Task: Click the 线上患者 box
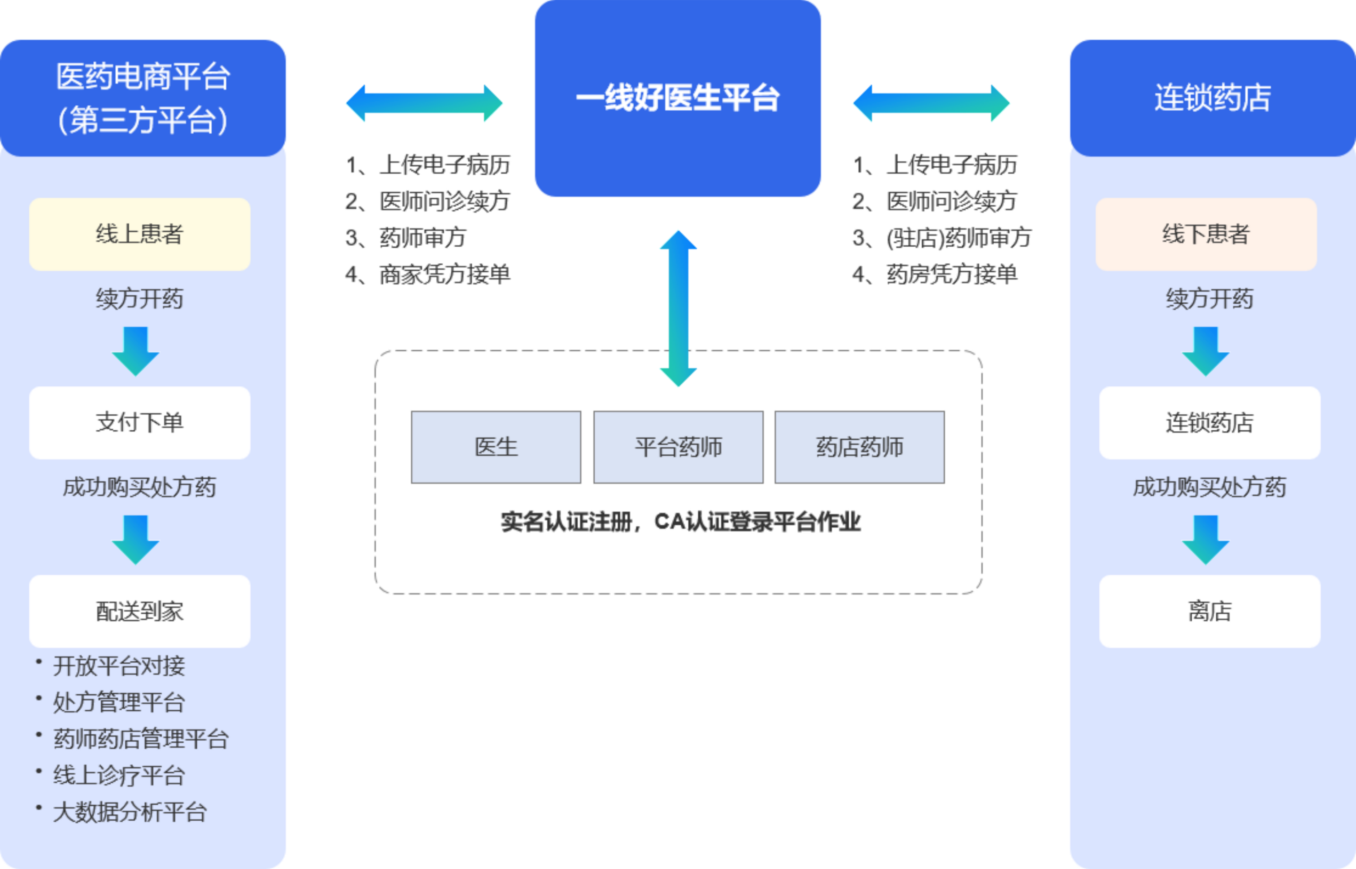(140, 234)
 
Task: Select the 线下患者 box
(1206, 234)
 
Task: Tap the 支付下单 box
(140, 423)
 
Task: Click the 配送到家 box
(140, 611)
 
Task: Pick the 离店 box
(1209, 611)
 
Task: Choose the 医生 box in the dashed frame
(496, 447)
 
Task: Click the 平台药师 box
(678, 447)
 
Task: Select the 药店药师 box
(859, 447)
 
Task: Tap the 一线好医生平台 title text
(677, 98)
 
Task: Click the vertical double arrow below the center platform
(677, 309)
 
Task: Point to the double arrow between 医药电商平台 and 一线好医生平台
(424, 103)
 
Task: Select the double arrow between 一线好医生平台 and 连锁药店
(931, 103)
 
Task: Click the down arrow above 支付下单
(136, 350)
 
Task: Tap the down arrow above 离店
(1206, 539)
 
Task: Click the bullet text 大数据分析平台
(130, 812)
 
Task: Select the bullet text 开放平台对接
(119, 666)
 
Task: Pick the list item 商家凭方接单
(444, 275)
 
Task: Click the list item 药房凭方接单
(951, 275)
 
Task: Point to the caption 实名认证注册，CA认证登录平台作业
(680, 522)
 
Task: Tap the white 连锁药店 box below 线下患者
(1209, 423)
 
